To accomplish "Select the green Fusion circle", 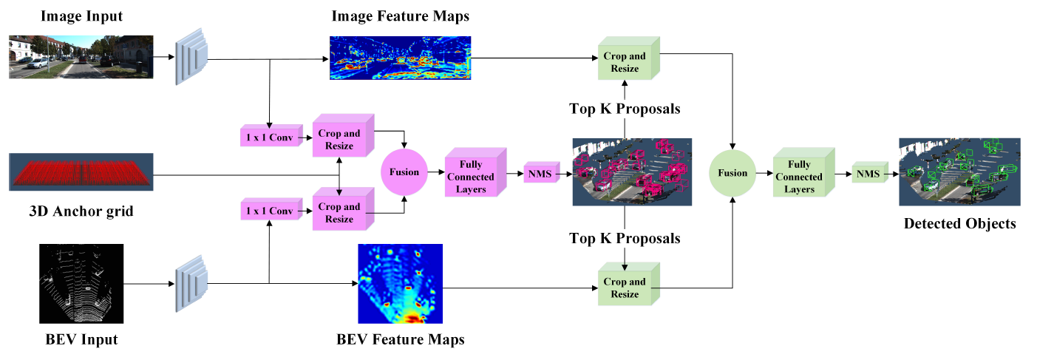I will tap(731, 173).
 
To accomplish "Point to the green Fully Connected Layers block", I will tap(801, 177).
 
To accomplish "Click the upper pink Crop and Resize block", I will tap(341, 139).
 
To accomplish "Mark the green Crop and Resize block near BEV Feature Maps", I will tap(626, 287).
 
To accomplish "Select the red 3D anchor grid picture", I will tap(81, 172).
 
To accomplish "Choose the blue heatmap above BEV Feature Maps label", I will tap(400, 284).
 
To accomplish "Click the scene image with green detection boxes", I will tap(959, 171).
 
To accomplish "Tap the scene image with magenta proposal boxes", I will tap(631, 171).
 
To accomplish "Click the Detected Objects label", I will tap(959, 223).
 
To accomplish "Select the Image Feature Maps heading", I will tap(400, 16).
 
